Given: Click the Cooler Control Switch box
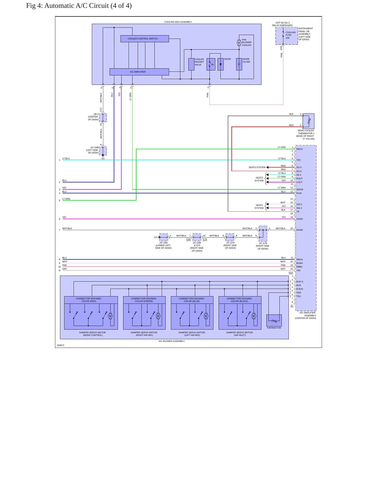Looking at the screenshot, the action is [145, 39].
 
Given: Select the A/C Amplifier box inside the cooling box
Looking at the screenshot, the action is [139, 72].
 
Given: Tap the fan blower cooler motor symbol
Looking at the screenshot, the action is [239, 43].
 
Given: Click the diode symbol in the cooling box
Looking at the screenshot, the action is [220, 64].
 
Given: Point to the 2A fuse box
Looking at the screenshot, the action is [211, 64].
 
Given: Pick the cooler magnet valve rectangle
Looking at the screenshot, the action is [191, 64].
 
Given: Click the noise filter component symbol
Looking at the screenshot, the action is [239, 64].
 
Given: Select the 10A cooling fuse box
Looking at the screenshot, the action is [287, 36].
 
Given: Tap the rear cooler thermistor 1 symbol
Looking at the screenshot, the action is [308, 121].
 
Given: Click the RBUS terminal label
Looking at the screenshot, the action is [300, 149].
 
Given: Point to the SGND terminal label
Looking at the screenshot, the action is [300, 219].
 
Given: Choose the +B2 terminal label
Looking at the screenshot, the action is [298, 270].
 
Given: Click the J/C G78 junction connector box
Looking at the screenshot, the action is [263, 234].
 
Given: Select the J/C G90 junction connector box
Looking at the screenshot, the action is [164, 237].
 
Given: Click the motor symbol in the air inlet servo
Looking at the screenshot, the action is [254, 316].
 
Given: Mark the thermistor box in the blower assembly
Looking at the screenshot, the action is [274, 320].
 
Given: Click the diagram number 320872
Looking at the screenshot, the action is [61, 345].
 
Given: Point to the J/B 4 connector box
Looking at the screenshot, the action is [103, 118].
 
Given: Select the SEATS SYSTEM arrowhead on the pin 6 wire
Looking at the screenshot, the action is [267, 167].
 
